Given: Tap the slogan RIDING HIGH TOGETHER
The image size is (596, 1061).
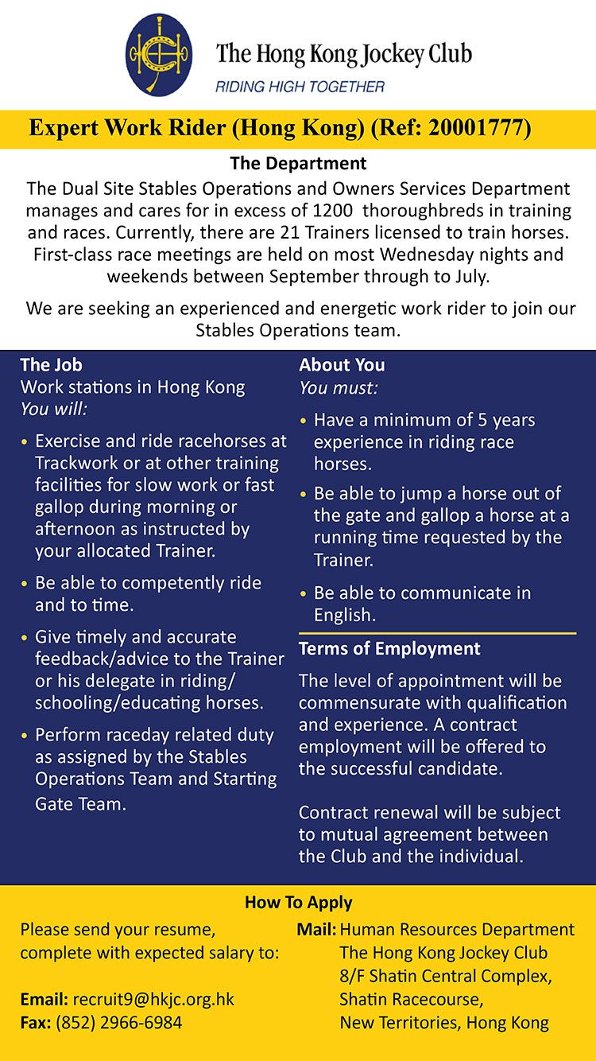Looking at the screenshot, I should (x=300, y=87).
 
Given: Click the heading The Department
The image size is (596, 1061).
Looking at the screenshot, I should (x=298, y=164).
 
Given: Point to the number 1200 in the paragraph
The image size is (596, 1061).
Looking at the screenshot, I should (x=332, y=211).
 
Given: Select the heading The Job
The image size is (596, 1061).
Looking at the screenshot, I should (x=51, y=365).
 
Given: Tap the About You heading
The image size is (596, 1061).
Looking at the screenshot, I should (x=342, y=365).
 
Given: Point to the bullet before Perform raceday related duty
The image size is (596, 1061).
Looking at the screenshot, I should (x=25, y=736).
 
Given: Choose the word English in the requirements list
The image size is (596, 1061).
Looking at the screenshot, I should (x=343, y=615).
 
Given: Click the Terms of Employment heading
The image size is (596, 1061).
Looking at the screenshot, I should (x=389, y=649).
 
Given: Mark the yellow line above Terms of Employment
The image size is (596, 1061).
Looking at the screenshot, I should (x=437, y=633).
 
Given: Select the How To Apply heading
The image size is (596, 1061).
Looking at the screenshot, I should (x=298, y=902).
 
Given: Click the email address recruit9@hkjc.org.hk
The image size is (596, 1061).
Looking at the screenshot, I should (x=153, y=1000).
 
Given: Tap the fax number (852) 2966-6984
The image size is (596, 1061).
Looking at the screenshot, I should (x=119, y=1022).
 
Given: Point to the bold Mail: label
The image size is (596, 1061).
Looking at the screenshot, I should (x=316, y=929).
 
